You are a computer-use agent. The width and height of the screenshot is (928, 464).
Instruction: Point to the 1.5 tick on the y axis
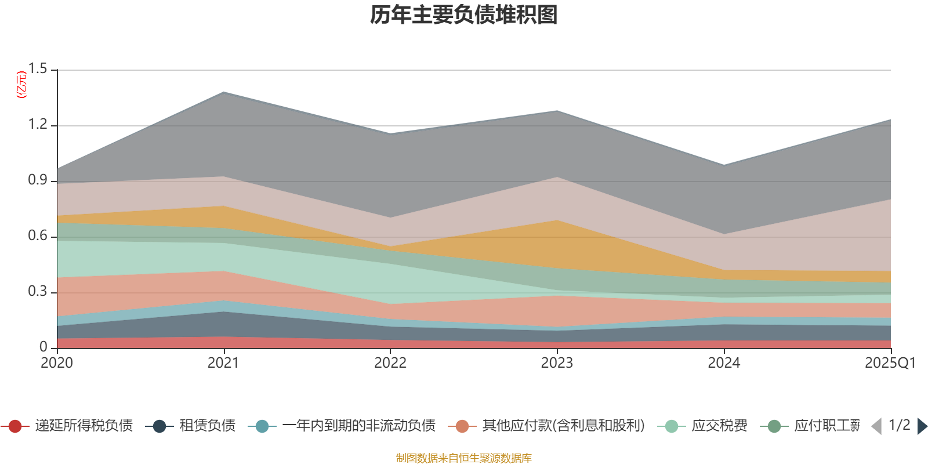(38, 69)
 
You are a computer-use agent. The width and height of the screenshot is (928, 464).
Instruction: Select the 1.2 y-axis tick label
(38, 125)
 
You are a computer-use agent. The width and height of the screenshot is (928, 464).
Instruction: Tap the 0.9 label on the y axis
(38, 180)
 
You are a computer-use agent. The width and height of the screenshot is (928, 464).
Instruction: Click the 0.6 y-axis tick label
(38, 236)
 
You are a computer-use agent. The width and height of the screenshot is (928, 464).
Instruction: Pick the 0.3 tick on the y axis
(38, 292)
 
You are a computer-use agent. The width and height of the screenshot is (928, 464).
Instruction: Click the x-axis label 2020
(57, 363)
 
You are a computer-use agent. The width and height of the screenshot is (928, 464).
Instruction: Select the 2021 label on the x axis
(223, 363)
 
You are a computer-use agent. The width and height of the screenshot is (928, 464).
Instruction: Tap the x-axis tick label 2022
(390, 363)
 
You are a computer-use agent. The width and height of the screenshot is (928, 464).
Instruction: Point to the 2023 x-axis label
(557, 363)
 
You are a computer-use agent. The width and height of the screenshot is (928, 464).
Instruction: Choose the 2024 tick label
(724, 363)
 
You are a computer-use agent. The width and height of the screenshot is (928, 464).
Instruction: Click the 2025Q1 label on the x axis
(890, 363)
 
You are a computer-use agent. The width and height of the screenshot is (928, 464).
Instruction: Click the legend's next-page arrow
(922, 426)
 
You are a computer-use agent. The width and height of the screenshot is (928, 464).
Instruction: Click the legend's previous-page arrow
(876, 426)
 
